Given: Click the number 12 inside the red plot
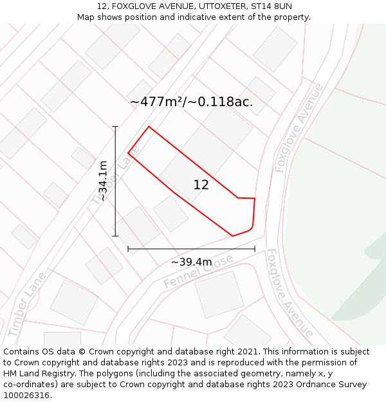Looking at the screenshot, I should pos(201,185).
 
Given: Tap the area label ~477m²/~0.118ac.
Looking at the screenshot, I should pos(191,102).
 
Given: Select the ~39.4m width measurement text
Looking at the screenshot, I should pos(191,262).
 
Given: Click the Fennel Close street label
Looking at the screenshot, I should pos(198,272).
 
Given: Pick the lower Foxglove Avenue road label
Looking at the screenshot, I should pos(289,293).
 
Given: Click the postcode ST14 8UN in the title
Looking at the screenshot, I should pos(271,6).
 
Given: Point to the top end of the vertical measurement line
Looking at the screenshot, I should pos(116,127).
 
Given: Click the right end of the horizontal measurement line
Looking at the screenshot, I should pos(255,248).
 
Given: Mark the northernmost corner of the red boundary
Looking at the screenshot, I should pos(149,127).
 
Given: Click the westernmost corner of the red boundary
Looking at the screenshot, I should pos(129,153).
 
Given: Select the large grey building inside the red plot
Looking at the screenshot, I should pos(206,154).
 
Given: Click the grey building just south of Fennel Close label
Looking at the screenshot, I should pos(219,294).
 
